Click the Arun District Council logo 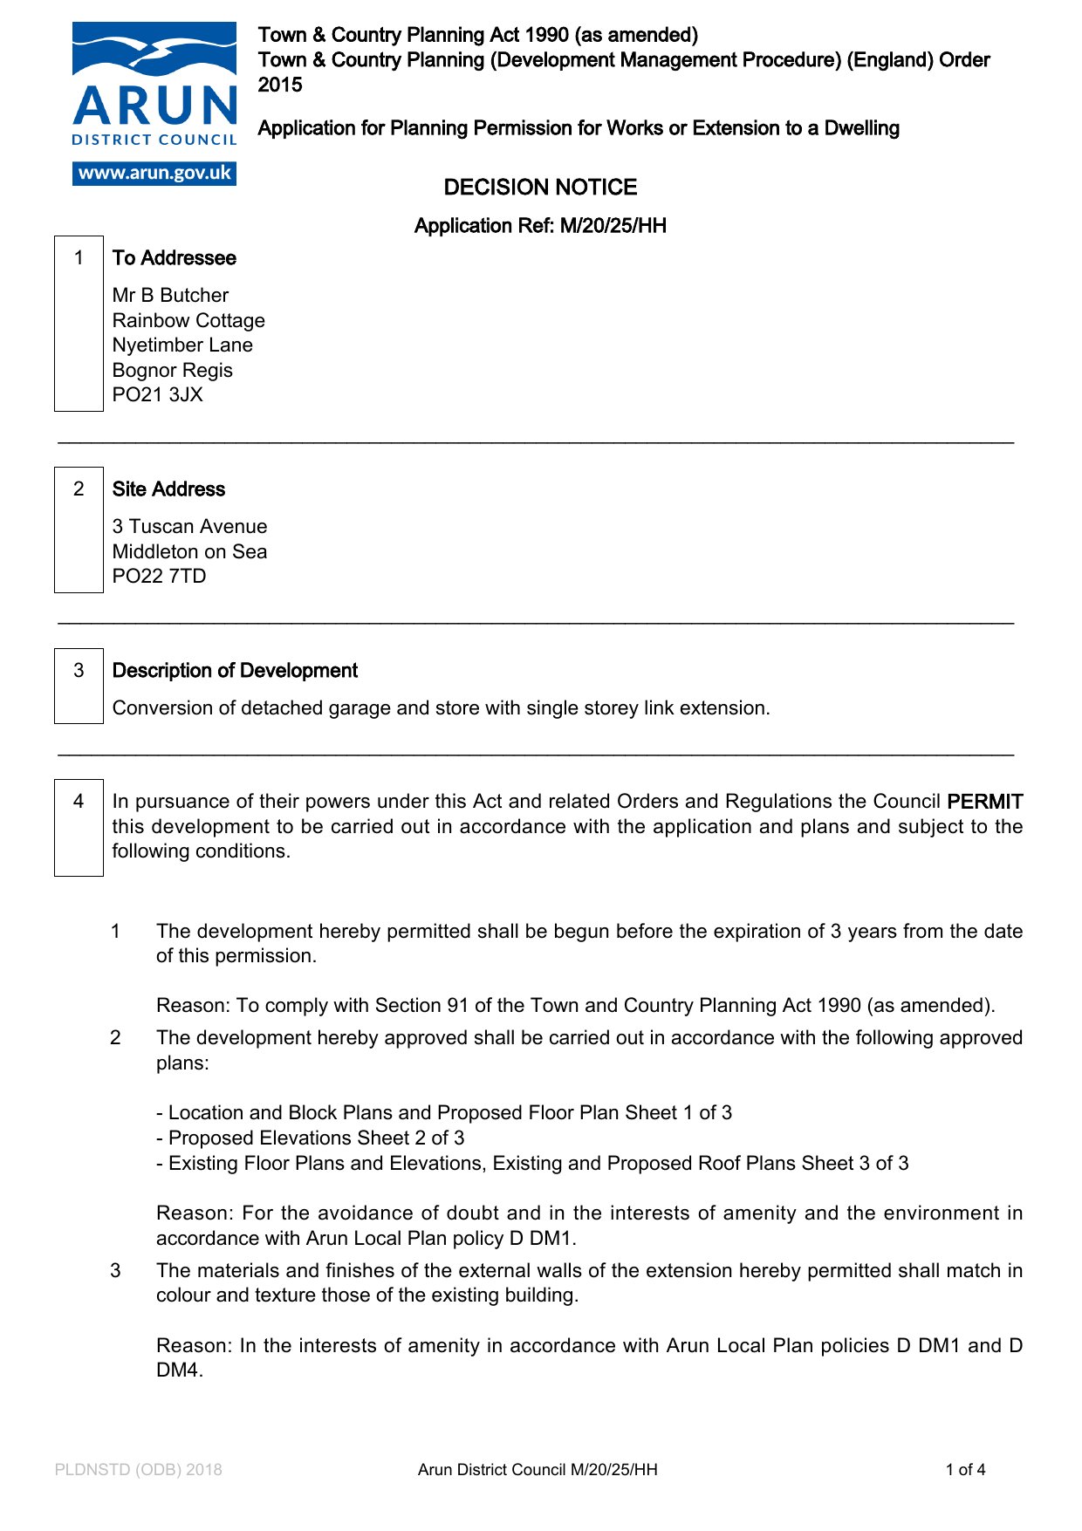click(154, 87)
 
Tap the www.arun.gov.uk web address click(154, 173)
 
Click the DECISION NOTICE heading click(540, 188)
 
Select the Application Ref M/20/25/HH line click(540, 226)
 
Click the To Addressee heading click(174, 258)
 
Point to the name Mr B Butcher click(170, 296)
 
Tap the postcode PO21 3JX click(157, 395)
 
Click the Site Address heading click(168, 489)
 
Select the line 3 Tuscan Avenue click(189, 527)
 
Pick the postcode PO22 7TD click(159, 577)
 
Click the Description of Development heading click(235, 671)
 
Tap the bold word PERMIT click(984, 802)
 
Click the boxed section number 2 click(79, 489)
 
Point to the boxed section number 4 click(79, 802)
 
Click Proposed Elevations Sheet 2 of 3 click(316, 1138)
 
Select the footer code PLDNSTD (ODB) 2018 click(138, 1470)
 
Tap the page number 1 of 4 click(965, 1470)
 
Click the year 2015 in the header click(280, 85)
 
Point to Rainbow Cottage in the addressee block click(188, 321)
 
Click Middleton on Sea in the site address click(189, 552)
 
